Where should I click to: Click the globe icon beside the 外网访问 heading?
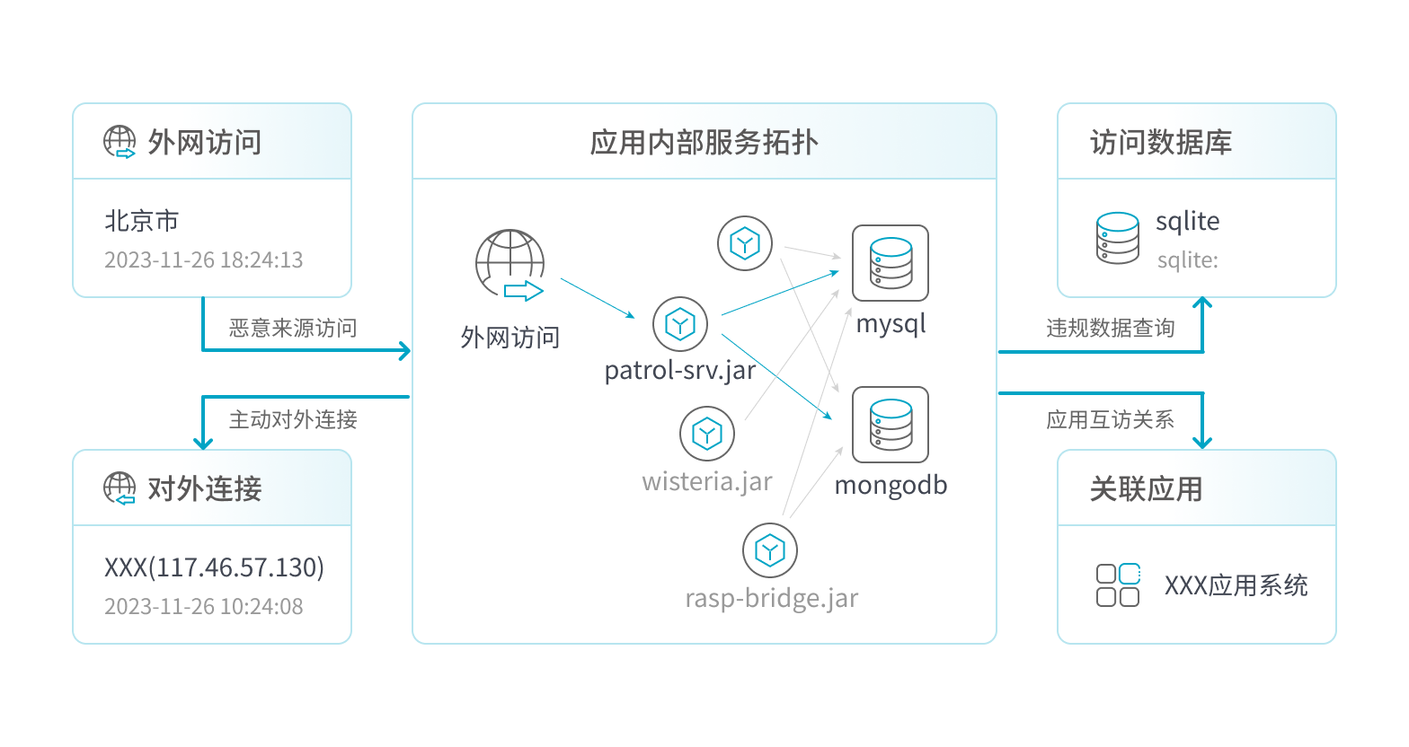[120, 142]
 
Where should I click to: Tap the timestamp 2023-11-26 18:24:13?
[203, 260]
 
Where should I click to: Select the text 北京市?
[141, 221]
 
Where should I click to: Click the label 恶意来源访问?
[293, 329]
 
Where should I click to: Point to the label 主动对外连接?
[293, 419]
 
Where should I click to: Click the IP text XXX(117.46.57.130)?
[214, 567]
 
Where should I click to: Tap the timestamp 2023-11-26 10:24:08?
[203, 607]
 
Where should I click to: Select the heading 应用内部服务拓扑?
[704, 143]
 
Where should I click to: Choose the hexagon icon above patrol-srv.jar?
[680, 324]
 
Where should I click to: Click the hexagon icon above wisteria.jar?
[707, 435]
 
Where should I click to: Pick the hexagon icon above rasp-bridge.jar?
[770, 550]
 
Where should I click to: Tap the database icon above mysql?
[890, 262]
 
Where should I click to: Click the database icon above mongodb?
[890, 424]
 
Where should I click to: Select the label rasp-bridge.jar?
[771, 598]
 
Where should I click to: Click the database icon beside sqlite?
[1118, 238]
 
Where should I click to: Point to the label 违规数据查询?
[1110, 329]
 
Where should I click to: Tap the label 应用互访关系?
[1110, 420]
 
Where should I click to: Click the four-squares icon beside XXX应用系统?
[1118, 585]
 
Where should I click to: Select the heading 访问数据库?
[1160, 143]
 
